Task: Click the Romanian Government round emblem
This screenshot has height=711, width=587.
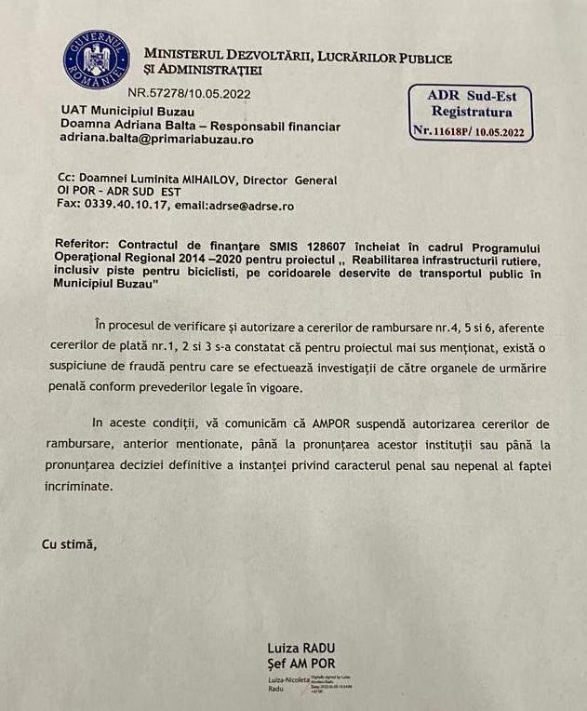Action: click(x=96, y=59)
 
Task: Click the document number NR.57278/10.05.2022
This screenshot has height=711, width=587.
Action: click(x=189, y=93)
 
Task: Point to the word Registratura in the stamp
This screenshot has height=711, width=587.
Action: click(x=472, y=113)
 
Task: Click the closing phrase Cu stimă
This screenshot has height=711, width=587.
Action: click(x=69, y=544)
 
